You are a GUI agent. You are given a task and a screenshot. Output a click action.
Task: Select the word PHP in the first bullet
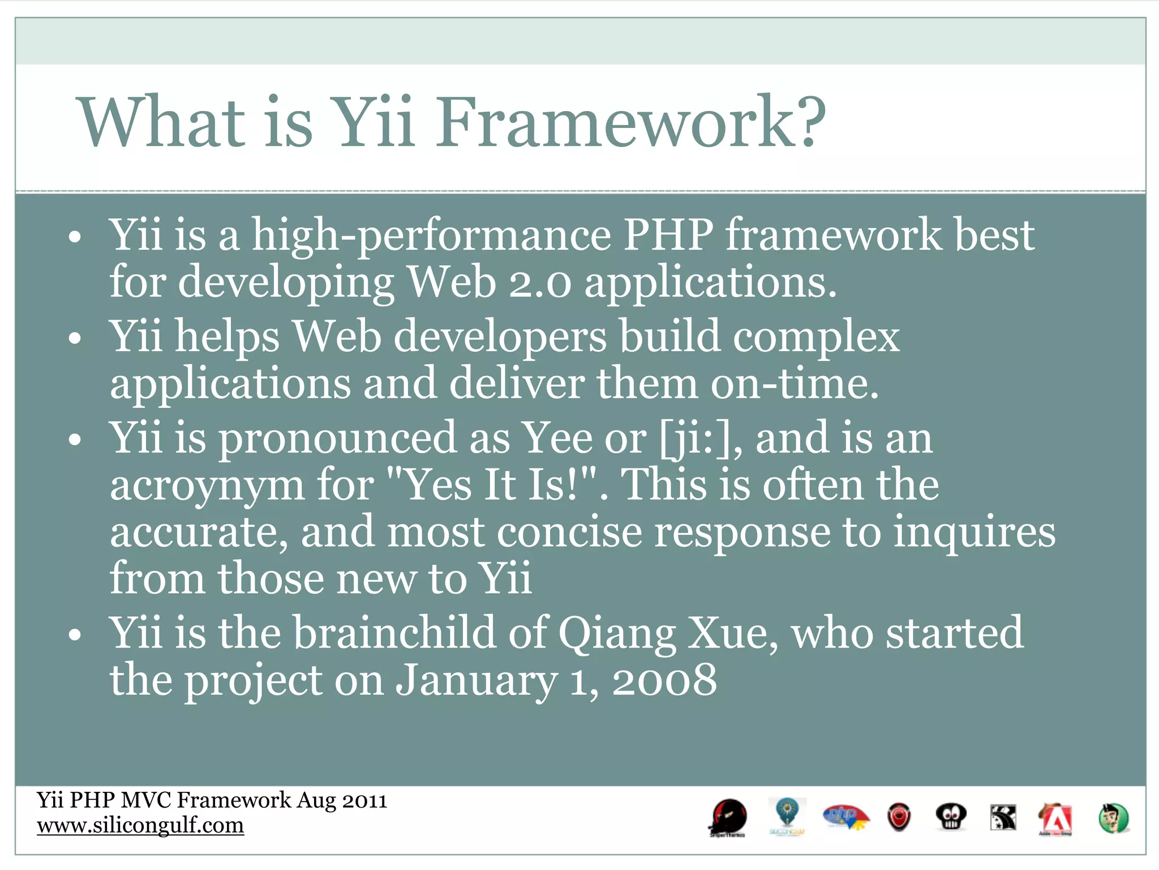coord(668,234)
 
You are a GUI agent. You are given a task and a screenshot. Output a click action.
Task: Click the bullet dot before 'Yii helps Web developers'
coord(75,339)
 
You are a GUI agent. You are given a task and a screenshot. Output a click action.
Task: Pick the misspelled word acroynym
coord(207,486)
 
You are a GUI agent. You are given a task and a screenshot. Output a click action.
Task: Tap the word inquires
coord(974,532)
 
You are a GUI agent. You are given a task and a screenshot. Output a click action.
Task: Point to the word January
coord(477,680)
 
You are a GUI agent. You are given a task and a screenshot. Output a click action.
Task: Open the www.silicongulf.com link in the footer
coord(140,825)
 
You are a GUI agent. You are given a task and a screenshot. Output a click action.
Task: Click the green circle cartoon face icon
coord(1113,818)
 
